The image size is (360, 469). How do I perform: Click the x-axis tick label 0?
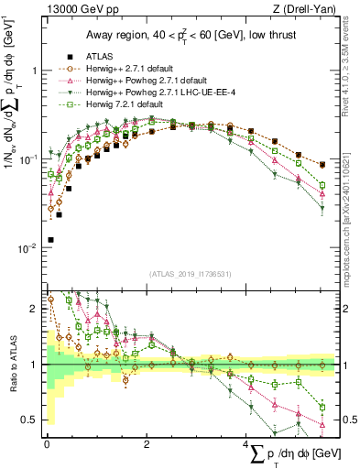(47, 442)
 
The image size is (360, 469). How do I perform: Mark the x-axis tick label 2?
(147, 442)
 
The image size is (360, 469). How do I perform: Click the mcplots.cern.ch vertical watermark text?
(351, 211)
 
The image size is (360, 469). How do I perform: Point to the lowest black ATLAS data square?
(49, 240)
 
